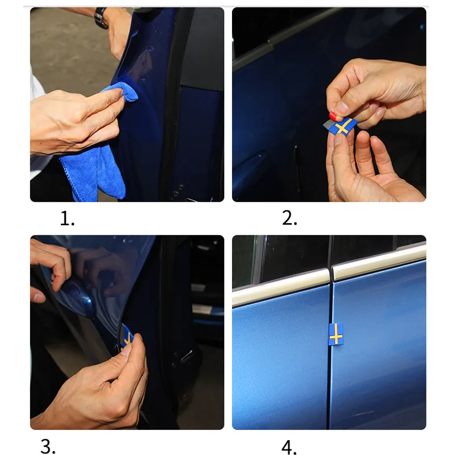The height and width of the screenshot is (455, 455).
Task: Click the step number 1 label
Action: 67,218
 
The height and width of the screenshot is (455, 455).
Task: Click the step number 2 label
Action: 289,218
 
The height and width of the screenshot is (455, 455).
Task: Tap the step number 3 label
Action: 48,446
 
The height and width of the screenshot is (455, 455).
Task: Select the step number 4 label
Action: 289,447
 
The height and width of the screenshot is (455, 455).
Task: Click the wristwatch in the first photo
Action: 101,18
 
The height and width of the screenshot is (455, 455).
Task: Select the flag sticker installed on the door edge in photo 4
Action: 336,334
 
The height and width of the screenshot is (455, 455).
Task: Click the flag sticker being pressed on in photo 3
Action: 126,337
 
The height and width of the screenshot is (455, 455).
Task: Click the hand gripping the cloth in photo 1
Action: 76,122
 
